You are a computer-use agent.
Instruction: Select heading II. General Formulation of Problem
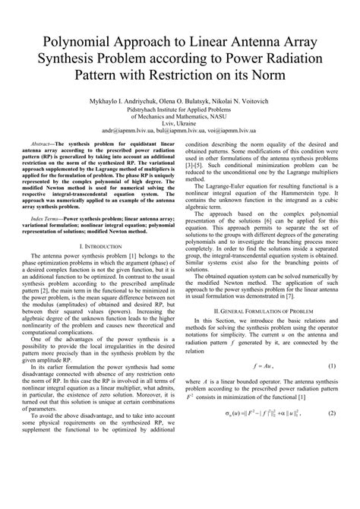(260, 311)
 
